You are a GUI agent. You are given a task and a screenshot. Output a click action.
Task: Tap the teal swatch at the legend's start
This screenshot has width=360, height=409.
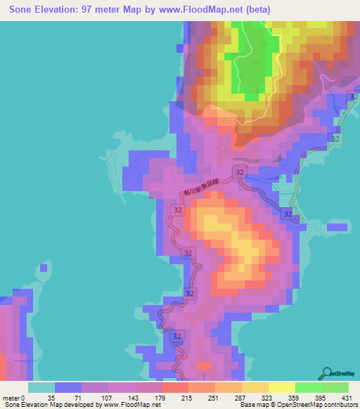point(41,387)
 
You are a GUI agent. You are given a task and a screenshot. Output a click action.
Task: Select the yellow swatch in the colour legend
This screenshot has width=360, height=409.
point(282,387)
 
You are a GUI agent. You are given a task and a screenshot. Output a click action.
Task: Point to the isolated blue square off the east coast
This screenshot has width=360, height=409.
point(337,228)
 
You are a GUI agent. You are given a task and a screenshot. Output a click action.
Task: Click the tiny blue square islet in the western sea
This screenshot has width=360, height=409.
point(46,268)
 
